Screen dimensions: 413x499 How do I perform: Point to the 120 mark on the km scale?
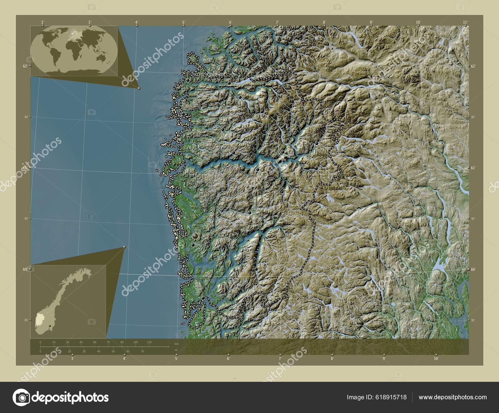(x=149, y=342)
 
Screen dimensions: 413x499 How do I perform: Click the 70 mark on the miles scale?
(x=142, y=351)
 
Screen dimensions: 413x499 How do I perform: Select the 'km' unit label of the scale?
(x=177, y=344)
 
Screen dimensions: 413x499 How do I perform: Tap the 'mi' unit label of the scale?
(x=177, y=350)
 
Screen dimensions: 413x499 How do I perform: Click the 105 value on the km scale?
(x=135, y=342)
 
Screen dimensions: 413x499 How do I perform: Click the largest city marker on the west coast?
(x=195, y=236)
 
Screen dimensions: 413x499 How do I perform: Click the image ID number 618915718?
(x=392, y=397)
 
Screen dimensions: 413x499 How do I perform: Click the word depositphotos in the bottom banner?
(x=70, y=397)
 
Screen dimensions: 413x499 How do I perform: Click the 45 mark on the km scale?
(x=81, y=342)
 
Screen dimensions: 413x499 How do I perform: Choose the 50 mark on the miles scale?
(x=113, y=351)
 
